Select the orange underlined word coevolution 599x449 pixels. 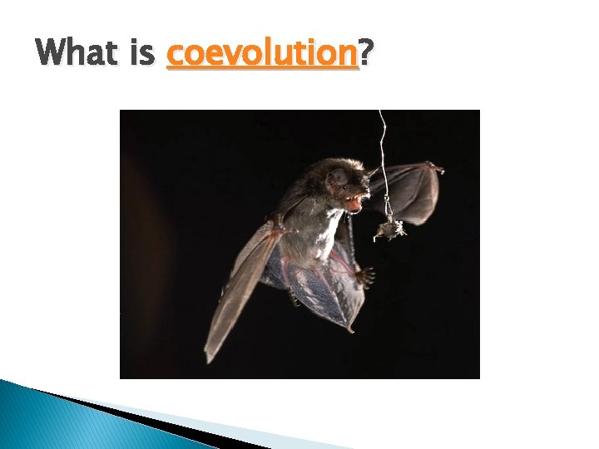click(x=262, y=54)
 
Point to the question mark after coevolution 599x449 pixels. click(x=366, y=54)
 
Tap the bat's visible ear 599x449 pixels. click(x=338, y=176)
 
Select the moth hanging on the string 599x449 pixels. click(x=389, y=229)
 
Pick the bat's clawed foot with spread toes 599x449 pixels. click(x=363, y=275)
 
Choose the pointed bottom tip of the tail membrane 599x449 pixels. click(x=351, y=329)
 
